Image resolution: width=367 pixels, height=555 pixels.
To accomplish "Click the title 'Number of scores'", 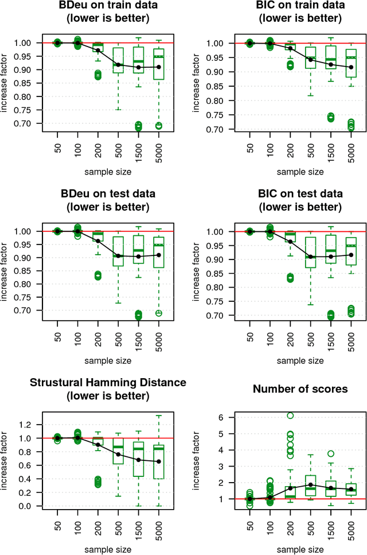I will (x=300, y=389).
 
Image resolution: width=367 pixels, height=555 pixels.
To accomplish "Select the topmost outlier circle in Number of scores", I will (x=291, y=416).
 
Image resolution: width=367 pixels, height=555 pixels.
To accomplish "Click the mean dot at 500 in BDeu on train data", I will (x=119, y=65).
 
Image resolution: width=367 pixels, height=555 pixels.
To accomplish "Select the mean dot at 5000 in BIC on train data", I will (x=351, y=67).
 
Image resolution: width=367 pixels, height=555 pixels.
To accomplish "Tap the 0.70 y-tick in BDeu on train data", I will (x=25, y=124).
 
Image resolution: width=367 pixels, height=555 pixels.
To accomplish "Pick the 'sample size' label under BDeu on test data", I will (x=108, y=361).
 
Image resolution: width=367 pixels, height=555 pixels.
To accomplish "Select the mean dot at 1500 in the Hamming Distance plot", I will (x=139, y=460).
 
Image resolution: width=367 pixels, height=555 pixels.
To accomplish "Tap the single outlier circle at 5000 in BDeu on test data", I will (x=159, y=313).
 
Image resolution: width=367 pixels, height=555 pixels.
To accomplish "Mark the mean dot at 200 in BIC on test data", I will (x=291, y=242).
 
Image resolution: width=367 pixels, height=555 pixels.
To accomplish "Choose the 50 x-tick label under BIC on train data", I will (x=250, y=145).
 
